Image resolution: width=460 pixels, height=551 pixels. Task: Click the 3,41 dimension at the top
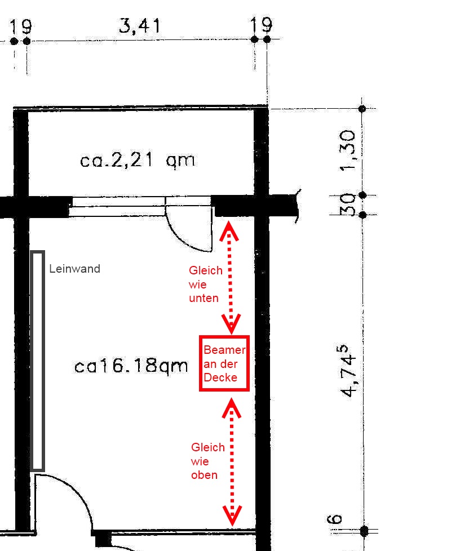(140, 26)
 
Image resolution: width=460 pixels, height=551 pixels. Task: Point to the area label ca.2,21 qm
(137, 160)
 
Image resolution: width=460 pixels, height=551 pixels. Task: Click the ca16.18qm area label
(131, 366)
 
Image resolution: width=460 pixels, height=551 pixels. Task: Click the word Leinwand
(74, 269)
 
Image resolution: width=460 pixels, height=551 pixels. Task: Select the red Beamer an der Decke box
(224, 363)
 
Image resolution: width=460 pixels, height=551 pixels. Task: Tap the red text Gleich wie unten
(206, 285)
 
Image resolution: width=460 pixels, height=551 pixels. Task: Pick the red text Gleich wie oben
(208, 461)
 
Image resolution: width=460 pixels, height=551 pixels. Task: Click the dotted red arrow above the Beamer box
(231, 278)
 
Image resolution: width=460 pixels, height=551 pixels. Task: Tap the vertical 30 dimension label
(347, 204)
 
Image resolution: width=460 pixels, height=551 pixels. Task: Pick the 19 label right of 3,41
(262, 25)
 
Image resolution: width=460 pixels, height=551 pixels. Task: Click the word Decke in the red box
(220, 377)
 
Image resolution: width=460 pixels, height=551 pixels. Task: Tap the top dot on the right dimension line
(362, 109)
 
